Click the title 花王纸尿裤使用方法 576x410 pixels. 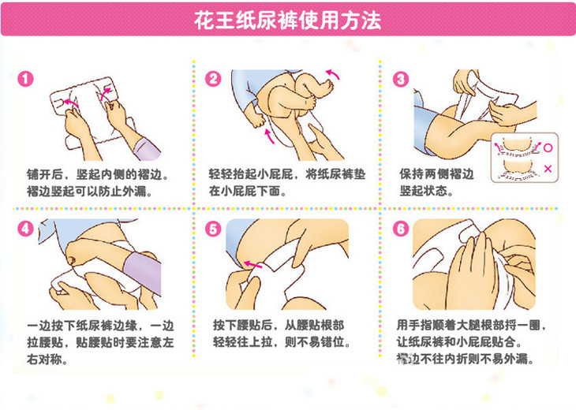(287, 20)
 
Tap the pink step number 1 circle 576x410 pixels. (25, 79)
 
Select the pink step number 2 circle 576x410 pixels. (213, 79)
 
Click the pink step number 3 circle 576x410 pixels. (400, 79)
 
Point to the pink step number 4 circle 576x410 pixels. (25, 229)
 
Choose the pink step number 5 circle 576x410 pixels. (213, 229)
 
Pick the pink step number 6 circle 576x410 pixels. (400, 229)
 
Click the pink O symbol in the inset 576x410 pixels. (548, 148)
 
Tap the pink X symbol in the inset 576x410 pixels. (548, 169)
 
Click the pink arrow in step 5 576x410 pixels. (253, 264)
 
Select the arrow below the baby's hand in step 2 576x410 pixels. (269, 136)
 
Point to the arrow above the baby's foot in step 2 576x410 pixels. (334, 74)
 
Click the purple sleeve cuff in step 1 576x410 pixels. (146, 149)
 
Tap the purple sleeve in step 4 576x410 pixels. (143, 272)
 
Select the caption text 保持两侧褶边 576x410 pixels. (436, 173)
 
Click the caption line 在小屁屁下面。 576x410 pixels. (248, 191)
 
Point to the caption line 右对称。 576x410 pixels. (47, 359)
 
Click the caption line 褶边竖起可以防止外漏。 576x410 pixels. (90, 191)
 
